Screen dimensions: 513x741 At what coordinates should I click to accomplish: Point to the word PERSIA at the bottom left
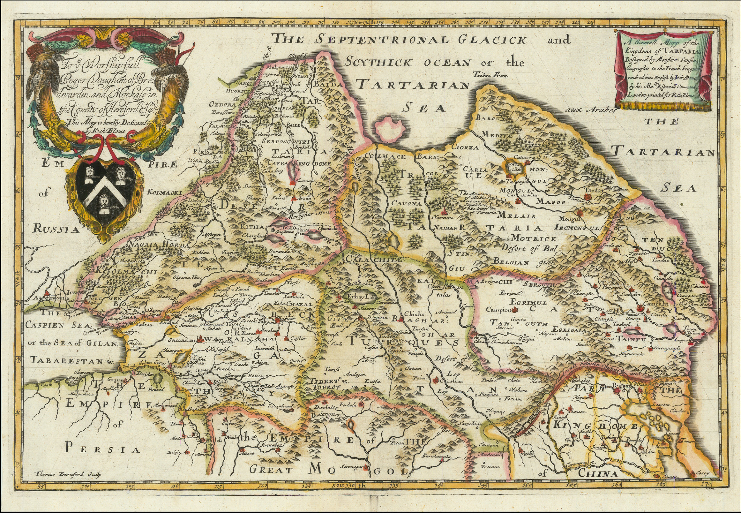103,449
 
